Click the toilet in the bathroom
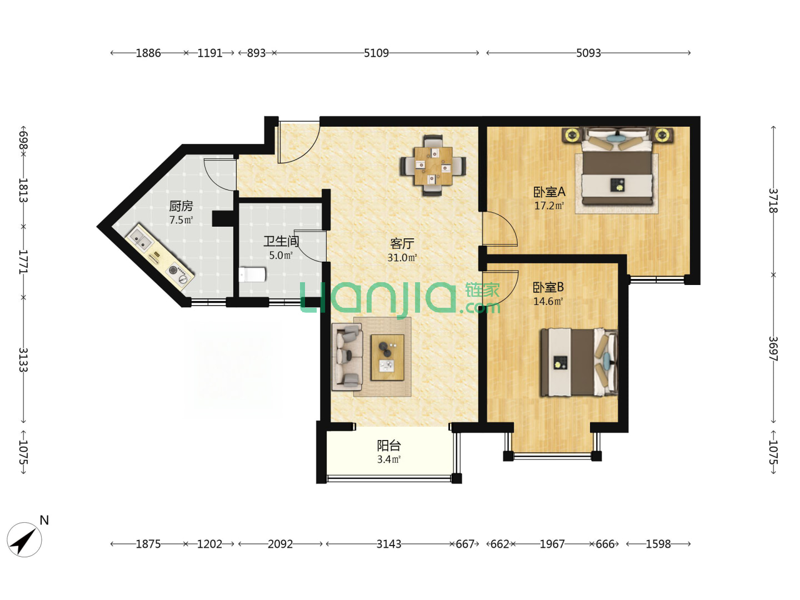(252, 274)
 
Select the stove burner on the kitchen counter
(178, 274)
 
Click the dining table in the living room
(433, 166)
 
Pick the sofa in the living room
(347, 356)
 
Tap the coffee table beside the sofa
(387, 357)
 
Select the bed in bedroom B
(579, 362)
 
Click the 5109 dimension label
(376, 53)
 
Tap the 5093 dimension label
(588, 53)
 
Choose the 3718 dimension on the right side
(773, 201)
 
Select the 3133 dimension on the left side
(23, 360)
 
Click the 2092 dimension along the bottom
(280, 544)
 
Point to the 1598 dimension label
(658, 544)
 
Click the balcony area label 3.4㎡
(389, 459)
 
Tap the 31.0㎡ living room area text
(402, 258)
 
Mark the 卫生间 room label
(281, 241)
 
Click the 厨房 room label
(181, 206)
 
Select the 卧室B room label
(548, 287)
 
